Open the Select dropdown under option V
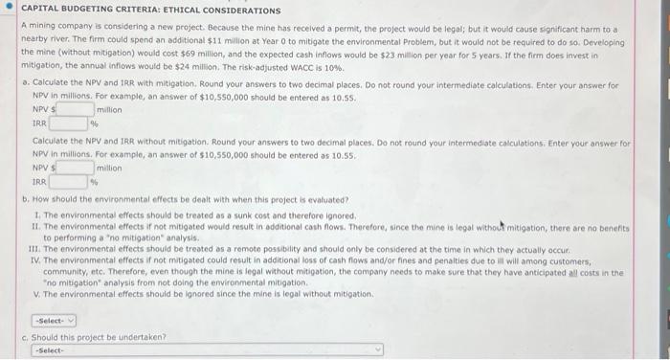(x=54, y=321)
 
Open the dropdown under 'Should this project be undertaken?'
(x=206, y=350)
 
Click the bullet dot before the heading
(x=9, y=11)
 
